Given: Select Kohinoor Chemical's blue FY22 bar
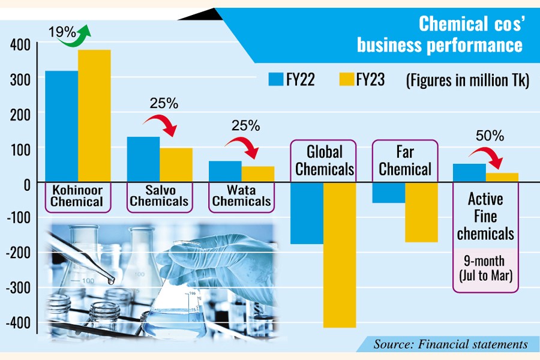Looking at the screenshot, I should [61, 126].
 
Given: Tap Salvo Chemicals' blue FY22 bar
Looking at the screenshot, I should [143, 159].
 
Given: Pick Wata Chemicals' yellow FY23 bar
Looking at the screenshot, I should [258, 174].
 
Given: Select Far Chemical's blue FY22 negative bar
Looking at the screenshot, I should [388, 193].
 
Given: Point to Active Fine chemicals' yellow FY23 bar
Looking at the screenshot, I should [502, 177].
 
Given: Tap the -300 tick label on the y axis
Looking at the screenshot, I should [18, 287].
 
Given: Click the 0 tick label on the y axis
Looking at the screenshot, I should [28, 184].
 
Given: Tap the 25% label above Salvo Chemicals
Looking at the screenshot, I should [164, 103].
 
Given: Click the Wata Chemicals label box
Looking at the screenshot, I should [242, 196].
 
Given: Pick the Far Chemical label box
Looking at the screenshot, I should [405, 160].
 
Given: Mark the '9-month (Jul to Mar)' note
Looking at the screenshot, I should [485, 268].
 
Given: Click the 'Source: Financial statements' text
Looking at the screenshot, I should [451, 344].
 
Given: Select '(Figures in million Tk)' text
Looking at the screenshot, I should [467, 79].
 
